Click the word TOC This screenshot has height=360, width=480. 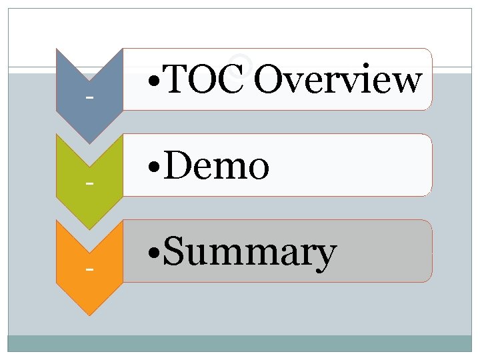[x=204, y=81]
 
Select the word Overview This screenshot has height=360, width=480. [x=337, y=81]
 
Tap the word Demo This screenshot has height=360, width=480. [x=215, y=166]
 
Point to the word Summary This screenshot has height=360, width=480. [x=249, y=253]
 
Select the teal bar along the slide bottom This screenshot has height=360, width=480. [x=240, y=343]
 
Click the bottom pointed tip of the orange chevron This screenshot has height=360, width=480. [x=89, y=314]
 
